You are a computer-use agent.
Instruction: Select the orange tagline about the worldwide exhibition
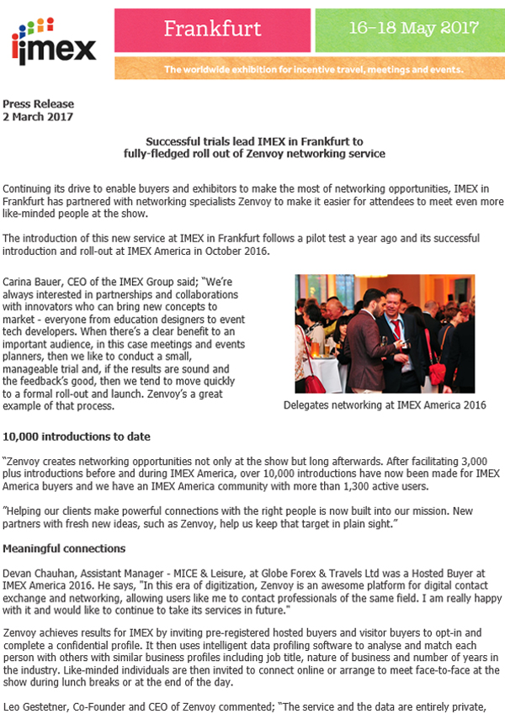pyautogui.click(x=313, y=70)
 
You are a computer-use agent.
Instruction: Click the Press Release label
pyautogui.click(x=39, y=104)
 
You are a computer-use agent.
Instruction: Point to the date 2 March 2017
pyautogui.click(x=38, y=117)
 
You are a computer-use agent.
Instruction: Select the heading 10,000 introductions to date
pyautogui.click(x=77, y=436)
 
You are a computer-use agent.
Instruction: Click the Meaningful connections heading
pyautogui.click(x=64, y=548)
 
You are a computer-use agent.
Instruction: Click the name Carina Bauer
pyautogui.click(x=35, y=280)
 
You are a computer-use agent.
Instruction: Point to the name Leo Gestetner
pyautogui.click(x=38, y=706)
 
